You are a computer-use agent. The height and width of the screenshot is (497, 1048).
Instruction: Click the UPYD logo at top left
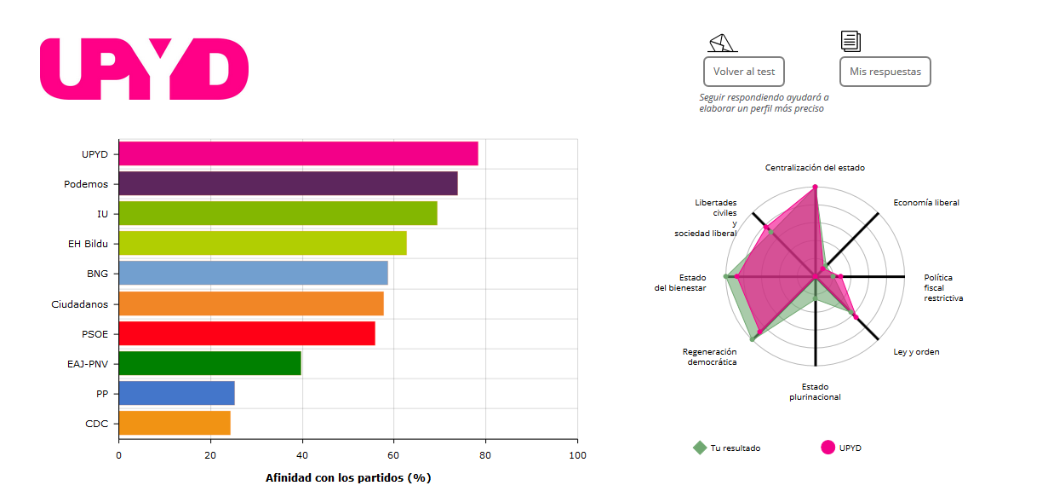[x=144, y=68]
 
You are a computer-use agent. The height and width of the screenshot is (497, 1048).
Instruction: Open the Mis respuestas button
[x=885, y=72]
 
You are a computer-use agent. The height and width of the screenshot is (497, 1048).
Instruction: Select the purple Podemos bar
[x=288, y=183]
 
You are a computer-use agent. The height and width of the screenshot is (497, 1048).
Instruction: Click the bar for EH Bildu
[x=262, y=243]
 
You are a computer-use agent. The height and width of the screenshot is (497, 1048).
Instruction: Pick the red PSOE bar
[x=246, y=333]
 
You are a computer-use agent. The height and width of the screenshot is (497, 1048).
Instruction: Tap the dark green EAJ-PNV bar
[x=209, y=363]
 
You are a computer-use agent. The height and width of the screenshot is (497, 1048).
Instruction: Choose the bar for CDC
[x=174, y=423]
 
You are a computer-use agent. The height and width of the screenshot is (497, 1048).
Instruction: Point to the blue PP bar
[x=176, y=393]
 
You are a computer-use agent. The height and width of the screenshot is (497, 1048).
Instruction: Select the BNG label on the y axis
[x=97, y=274]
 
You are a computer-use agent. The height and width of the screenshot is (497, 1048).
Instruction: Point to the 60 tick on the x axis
[x=393, y=455]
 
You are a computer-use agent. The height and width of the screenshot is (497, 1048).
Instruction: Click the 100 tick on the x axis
[x=577, y=455]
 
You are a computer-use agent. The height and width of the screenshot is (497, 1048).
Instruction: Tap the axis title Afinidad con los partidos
[x=348, y=477]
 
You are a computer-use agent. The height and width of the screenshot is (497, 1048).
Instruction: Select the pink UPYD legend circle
[x=828, y=448]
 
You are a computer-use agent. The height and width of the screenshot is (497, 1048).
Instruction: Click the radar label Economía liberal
[x=925, y=203]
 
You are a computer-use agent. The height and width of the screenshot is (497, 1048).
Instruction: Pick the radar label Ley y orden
[x=916, y=352]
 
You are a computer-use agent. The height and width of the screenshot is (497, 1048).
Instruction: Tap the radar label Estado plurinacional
[x=815, y=392]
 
